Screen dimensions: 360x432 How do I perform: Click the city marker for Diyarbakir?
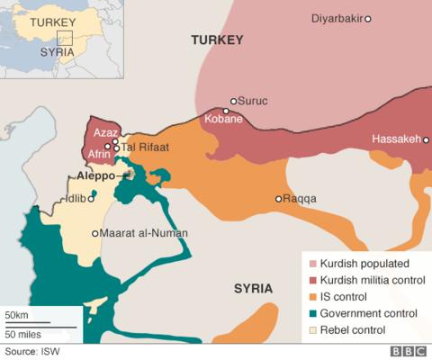pyautogui.click(x=367, y=19)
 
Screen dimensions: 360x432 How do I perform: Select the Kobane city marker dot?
pyautogui.click(x=226, y=112)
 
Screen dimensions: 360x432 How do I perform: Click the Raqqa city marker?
pyautogui.click(x=278, y=199)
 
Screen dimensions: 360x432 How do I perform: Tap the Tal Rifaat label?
pyautogui.click(x=146, y=148)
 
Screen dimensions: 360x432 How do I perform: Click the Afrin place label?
pyautogui.click(x=99, y=154)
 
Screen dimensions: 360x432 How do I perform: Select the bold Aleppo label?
pyautogui.click(x=95, y=175)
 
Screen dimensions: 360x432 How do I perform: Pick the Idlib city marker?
pyautogui.click(x=91, y=199)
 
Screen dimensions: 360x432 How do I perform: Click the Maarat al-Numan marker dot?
pyautogui.click(x=95, y=233)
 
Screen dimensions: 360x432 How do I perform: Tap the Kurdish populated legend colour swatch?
pyautogui.click(x=312, y=264)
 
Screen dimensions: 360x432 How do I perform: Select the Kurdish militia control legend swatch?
pyautogui.click(x=312, y=280)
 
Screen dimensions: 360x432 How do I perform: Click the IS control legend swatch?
pyautogui.click(x=312, y=296)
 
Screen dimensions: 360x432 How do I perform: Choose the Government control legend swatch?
pyautogui.click(x=312, y=313)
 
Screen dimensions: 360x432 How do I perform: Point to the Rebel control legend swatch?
pyautogui.click(x=312, y=329)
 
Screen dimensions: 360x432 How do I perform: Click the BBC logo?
pyautogui.click(x=408, y=352)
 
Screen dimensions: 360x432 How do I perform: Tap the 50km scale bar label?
pyautogui.click(x=17, y=316)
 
